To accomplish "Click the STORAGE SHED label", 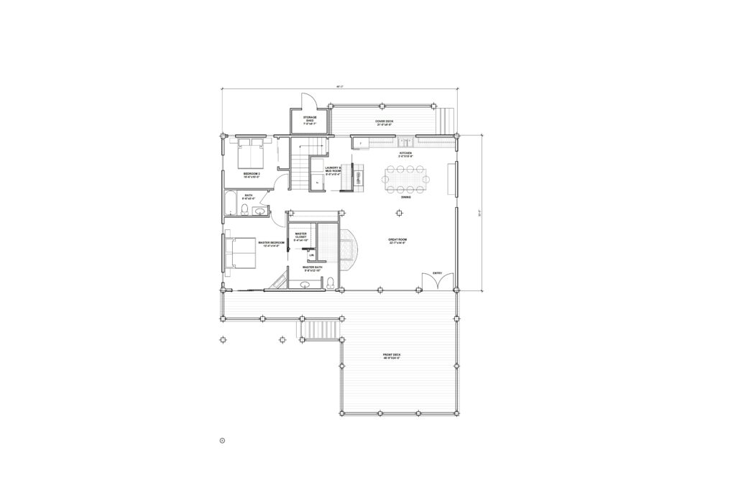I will coord(310,119).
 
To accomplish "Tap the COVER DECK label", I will coord(384,122).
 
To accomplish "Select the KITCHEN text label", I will coord(405,155).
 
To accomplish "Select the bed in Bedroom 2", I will coord(249,152).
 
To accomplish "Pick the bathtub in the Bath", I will coord(231,203).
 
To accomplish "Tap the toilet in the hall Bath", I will coord(246,210).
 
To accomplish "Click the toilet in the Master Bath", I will coord(330,285).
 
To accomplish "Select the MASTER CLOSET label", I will coord(301,236).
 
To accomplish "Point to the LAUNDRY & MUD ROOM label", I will coord(333,170).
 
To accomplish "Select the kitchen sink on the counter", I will coord(407,142).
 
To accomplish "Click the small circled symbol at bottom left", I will coord(223,439).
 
